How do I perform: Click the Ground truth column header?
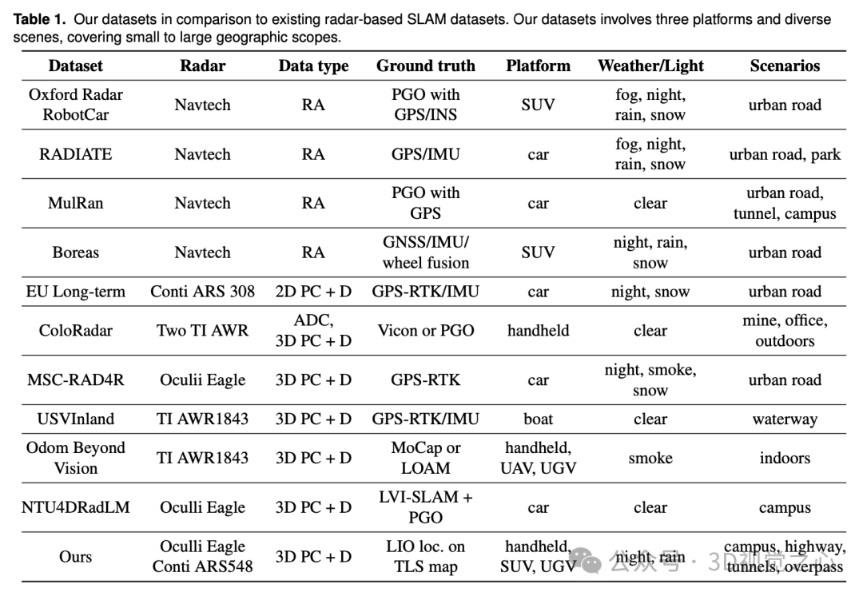click(425, 66)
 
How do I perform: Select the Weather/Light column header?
click(650, 66)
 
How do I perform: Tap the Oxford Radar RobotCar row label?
click(75, 105)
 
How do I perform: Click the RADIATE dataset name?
click(75, 154)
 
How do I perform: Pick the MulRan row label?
click(75, 203)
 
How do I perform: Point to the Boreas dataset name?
click(75, 252)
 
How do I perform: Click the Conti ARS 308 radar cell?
click(202, 292)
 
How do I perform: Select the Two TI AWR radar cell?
click(202, 331)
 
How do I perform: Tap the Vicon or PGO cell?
click(425, 331)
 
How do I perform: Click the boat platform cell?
click(538, 419)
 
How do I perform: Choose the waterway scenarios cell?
click(784, 419)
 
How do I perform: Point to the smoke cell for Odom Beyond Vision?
click(650, 458)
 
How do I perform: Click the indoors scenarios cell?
click(784, 458)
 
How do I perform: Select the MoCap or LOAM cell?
click(425, 458)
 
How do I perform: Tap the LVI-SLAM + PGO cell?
click(425, 507)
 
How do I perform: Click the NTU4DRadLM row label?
click(75, 507)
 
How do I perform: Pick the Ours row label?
click(75, 557)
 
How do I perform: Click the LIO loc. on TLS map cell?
click(425, 557)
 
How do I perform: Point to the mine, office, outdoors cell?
click(784, 331)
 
